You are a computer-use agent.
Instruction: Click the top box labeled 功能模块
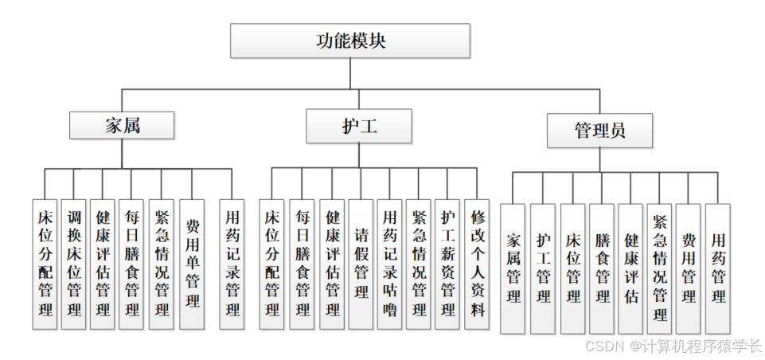coord(350,41)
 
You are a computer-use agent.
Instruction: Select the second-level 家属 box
coord(122,126)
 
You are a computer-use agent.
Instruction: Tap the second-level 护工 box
coord(348,126)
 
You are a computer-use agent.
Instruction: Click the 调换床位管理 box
coord(73,264)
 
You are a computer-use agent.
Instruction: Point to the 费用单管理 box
coord(192,264)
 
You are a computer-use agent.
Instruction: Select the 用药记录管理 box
coord(232,264)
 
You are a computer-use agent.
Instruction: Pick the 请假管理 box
coord(361,264)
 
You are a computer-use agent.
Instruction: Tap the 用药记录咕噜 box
coord(390,264)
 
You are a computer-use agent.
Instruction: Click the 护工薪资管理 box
coord(447,264)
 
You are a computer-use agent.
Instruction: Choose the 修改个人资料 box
coord(477,264)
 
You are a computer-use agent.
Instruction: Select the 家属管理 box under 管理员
coord(513,268)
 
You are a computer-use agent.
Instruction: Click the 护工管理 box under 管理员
coord(543,268)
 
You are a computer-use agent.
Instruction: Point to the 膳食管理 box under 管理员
coord(602,268)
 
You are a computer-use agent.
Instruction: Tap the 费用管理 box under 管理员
coord(689,268)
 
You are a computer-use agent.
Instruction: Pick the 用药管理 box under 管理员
coord(718,268)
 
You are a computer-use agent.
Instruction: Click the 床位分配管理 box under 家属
coord(45,264)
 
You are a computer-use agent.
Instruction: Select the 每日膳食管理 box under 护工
coord(302,264)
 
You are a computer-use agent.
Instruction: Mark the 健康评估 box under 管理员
coord(630,268)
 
